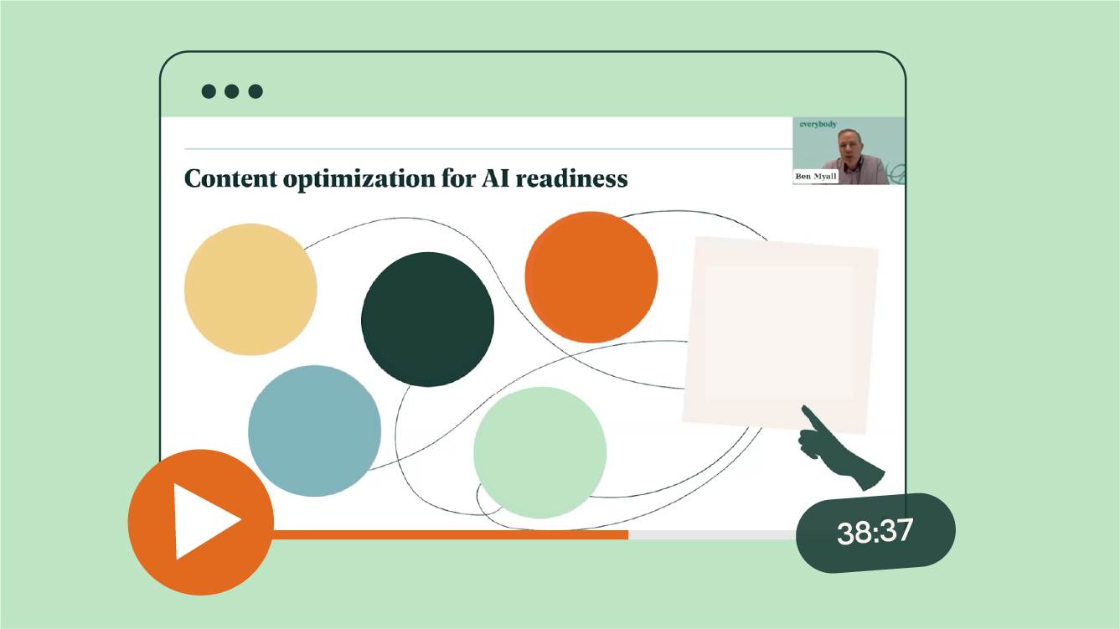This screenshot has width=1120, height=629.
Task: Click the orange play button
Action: tap(201, 522)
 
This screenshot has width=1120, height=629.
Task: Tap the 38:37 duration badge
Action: tap(875, 532)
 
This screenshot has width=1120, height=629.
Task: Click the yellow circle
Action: tap(250, 290)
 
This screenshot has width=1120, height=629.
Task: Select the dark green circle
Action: tap(427, 319)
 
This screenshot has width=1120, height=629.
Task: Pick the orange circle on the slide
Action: tap(591, 277)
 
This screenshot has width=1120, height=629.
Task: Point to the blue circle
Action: tap(314, 431)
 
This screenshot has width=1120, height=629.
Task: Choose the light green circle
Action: tap(540, 452)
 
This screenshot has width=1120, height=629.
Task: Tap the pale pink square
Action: tap(781, 335)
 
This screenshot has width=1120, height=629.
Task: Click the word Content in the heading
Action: tap(230, 178)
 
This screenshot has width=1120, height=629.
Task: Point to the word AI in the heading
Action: tap(496, 178)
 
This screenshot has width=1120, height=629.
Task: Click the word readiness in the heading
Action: tap(571, 178)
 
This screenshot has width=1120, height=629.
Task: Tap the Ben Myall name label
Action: tap(816, 176)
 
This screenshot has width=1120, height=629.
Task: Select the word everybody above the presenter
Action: tap(818, 124)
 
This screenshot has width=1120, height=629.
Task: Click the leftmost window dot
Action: tap(209, 91)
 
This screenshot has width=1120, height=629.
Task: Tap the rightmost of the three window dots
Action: tap(255, 91)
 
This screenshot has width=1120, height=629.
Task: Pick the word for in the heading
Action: tap(458, 178)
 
